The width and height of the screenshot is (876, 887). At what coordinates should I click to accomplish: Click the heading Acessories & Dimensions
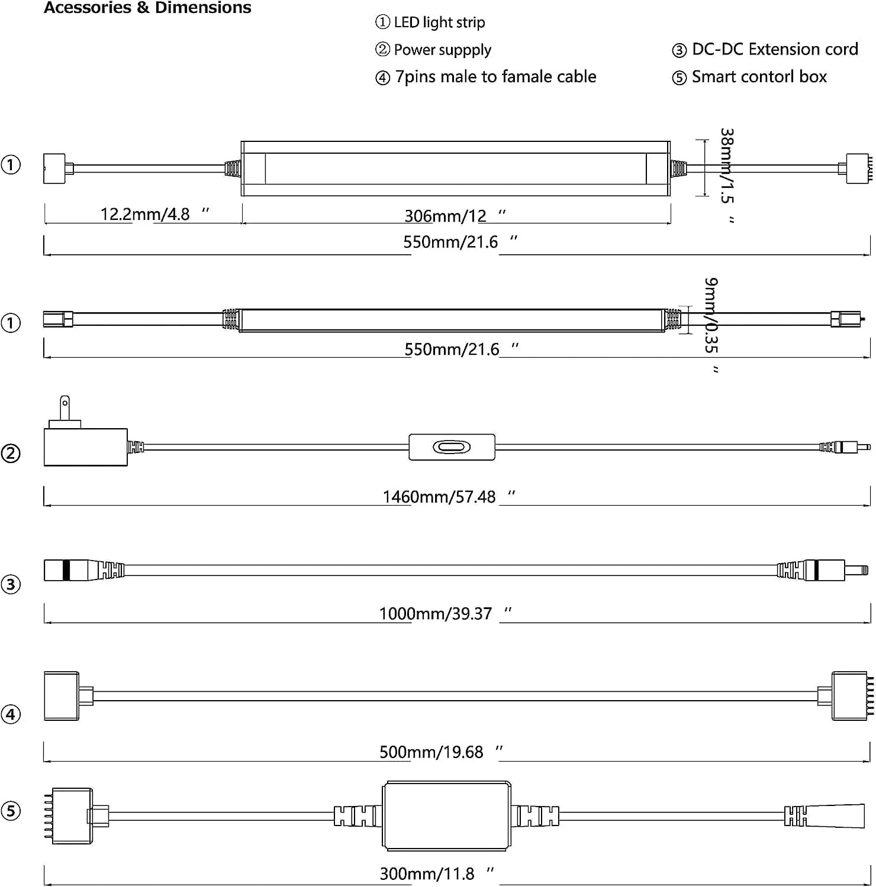[147, 8]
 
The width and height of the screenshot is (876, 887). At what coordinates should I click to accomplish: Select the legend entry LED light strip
[439, 22]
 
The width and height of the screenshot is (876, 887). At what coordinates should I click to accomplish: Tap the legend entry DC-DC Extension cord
[774, 49]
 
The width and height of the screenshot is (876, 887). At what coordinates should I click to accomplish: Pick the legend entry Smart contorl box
[759, 77]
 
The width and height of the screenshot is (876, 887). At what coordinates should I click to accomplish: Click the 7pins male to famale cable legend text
[495, 77]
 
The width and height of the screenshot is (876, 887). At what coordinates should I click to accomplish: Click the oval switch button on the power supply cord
[452, 447]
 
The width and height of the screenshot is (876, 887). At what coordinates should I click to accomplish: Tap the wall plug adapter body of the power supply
[86, 447]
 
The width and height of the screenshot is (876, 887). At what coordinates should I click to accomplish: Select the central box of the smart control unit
[446, 816]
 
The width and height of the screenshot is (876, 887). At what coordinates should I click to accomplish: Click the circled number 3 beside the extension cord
[11, 584]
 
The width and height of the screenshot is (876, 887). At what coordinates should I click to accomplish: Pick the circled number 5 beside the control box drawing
[11, 811]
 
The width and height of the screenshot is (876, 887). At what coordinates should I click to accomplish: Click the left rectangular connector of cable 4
[62, 696]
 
